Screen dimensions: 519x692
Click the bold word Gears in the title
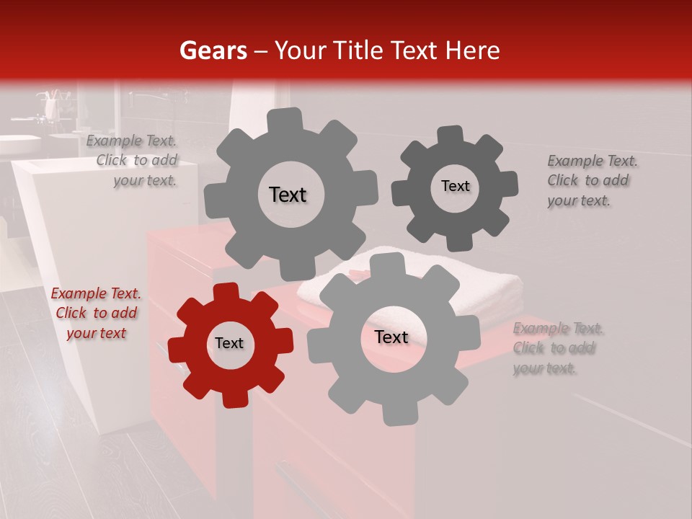coord(213,50)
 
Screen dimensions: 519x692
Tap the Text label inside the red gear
coord(229,344)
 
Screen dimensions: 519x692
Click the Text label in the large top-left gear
coord(288,195)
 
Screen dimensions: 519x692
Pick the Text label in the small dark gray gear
coord(455,186)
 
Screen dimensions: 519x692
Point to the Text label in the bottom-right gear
coord(391,337)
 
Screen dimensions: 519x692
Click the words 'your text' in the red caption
coord(97,333)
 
